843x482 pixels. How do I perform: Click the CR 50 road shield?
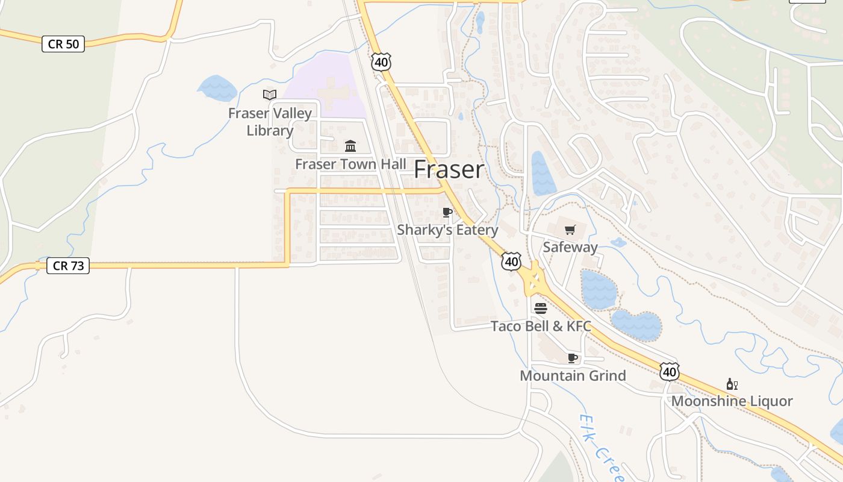(x=63, y=44)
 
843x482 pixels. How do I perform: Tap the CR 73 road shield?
(x=68, y=266)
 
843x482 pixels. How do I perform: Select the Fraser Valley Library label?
(x=270, y=122)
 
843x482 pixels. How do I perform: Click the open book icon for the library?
(x=270, y=95)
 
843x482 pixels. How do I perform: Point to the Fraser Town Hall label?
(x=350, y=164)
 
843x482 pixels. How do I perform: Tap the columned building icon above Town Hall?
(x=350, y=146)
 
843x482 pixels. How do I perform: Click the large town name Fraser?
(x=449, y=170)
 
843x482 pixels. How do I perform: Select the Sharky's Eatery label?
(x=447, y=230)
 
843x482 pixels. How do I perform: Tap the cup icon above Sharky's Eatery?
(x=447, y=212)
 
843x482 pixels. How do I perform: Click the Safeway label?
(x=570, y=247)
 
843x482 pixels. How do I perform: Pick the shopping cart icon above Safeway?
(x=570, y=229)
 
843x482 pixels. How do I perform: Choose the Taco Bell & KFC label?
(x=540, y=327)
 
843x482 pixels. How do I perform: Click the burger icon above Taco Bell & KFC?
(x=540, y=308)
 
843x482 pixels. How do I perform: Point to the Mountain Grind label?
(x=573, y=376)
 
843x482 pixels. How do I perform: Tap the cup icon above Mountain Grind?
(x=573, y=358)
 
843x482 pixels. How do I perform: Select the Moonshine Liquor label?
(x=732, y=401)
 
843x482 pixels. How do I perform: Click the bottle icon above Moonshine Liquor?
(x=732, y=384)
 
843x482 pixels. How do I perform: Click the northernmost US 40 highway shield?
(x=381, y=61)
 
